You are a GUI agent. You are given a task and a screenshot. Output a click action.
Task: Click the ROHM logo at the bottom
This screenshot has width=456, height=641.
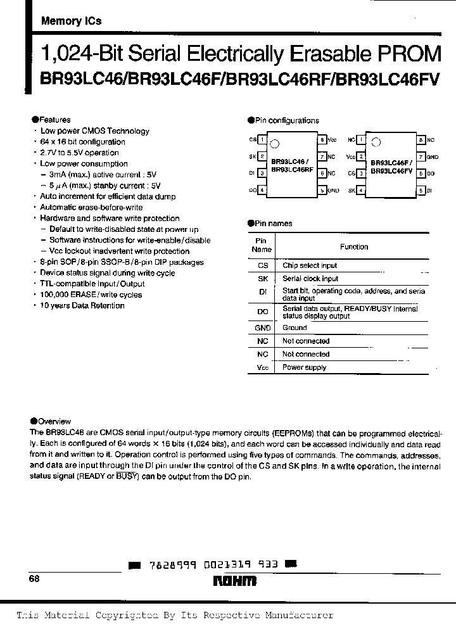[x=234, y=580]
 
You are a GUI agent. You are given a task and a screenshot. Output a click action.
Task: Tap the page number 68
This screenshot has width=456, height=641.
[x=34, y=579]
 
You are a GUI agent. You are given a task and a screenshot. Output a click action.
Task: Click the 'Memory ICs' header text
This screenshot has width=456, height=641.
[x=71, y=21]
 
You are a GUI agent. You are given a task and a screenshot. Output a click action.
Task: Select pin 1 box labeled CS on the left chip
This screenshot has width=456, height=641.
[x=262, y=139]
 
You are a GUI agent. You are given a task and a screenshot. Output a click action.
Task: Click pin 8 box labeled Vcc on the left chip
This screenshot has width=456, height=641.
[x=322, y=139]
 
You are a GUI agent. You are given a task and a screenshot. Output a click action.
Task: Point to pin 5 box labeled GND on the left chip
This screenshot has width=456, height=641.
[x=322, y=190]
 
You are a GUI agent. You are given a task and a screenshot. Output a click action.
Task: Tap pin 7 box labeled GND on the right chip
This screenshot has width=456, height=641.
[x=421, y=156]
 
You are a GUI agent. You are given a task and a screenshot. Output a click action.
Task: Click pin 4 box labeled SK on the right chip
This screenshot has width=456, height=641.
[x=361, y=190]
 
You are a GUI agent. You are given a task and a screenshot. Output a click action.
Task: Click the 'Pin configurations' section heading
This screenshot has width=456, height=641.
[x=287, y=120]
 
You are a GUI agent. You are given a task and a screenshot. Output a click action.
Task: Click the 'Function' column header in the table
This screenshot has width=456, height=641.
[x=353, y=247]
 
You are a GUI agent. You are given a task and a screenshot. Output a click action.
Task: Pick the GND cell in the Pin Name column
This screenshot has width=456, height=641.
[x=262, y=328]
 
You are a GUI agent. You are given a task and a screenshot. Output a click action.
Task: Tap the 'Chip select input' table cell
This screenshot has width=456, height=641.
[x=310, y=266]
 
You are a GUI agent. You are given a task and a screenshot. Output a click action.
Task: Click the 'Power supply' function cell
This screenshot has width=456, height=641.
[x=304, y=367]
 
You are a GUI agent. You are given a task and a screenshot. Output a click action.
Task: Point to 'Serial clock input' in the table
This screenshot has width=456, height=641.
[x=310, y=279]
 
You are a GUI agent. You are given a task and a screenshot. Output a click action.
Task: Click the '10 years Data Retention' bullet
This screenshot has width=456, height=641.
[x=82, y=305]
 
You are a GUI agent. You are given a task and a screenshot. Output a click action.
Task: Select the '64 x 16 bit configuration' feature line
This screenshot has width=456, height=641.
[x=82, y=142]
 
